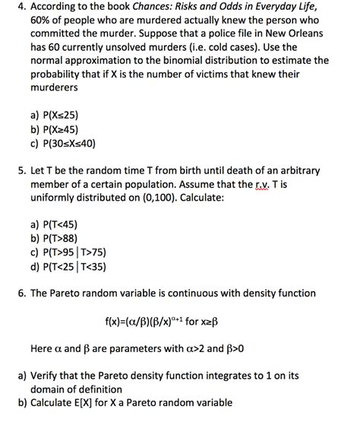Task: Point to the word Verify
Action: [48, 375]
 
